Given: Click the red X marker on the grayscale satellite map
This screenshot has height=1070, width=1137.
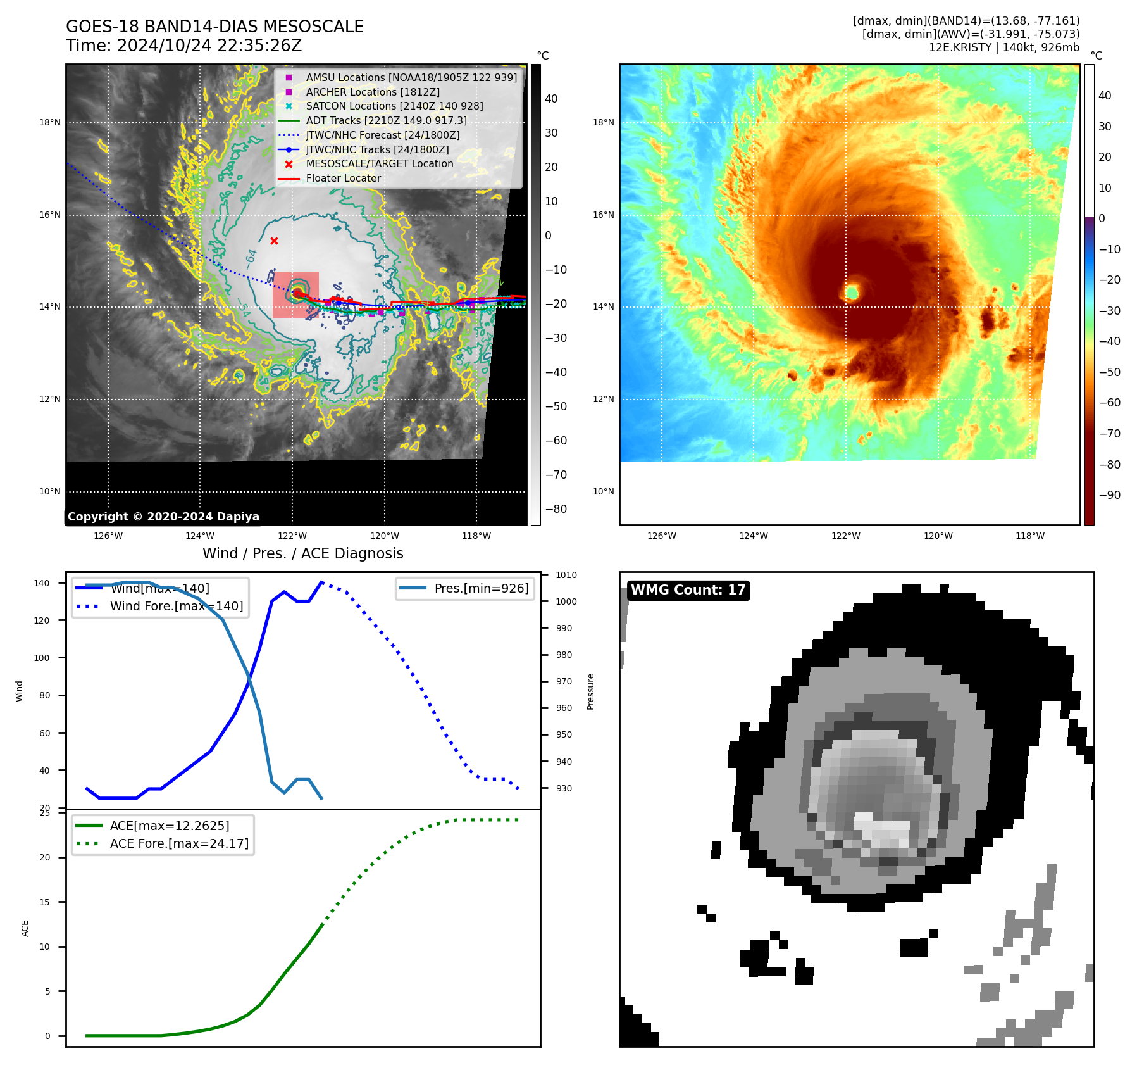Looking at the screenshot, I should [274, 241].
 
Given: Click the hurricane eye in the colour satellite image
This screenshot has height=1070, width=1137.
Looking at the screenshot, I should [852, 292].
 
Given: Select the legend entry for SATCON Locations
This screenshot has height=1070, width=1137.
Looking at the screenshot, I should [394, 106].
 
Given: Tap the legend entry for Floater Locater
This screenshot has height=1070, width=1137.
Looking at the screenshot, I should [343, 179].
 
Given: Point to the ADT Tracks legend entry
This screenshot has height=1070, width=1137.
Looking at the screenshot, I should [386, 121].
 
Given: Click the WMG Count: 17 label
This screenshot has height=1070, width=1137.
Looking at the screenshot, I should [688, 590].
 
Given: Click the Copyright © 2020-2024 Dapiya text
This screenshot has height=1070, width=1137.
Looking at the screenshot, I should [163, 517].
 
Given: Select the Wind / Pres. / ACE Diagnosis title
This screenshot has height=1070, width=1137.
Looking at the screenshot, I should [302, 553].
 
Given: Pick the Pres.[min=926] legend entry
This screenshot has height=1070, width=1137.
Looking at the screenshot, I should [481, 588].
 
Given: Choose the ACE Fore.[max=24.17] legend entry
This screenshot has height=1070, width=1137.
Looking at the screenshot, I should [179, 843].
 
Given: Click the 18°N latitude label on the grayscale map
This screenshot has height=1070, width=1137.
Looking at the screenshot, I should [50, 123].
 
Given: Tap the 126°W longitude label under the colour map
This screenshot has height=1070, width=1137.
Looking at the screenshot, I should [662, 536].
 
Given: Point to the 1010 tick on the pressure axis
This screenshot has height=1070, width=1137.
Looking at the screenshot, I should [566, 575].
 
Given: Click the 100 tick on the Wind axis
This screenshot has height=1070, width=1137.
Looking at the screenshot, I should [41, 658].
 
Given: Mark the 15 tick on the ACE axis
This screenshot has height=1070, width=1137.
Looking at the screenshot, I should [44, 902].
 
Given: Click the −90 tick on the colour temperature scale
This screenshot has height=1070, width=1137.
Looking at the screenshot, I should [1109, 495].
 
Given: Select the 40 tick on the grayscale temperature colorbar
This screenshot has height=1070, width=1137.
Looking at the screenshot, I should [551, 99].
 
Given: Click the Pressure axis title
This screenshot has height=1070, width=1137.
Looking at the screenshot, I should [590, 691].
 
